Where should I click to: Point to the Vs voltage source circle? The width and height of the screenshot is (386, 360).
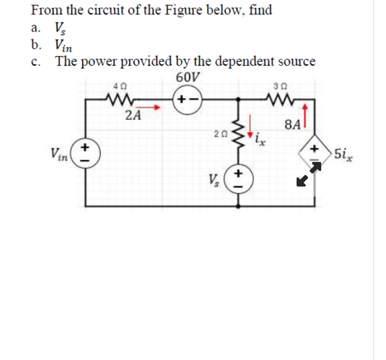(239, 179)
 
